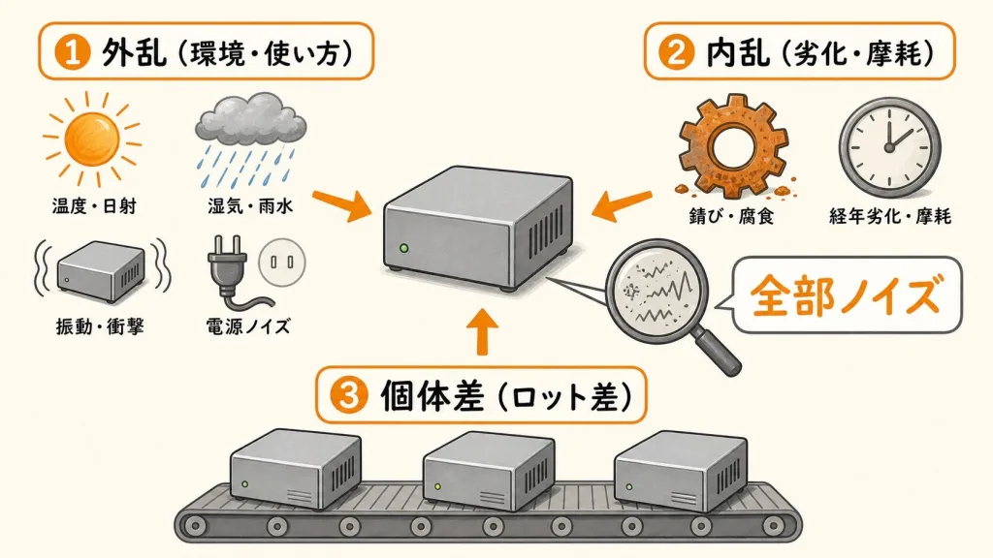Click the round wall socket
[x=282, y=262]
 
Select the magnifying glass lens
[x=657, y=291]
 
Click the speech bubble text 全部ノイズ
[x=846, y=295]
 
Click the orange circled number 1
[x=72, y=52]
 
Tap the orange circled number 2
[x=676, y=52]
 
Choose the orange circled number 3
[x=349, y=396]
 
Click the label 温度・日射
[x=94, y=205]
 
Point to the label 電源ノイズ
[x=248, y=326]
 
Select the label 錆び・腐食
[x=731, y=216]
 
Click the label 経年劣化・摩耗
[x=890, y=216]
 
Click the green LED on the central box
[x=404, y=248]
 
